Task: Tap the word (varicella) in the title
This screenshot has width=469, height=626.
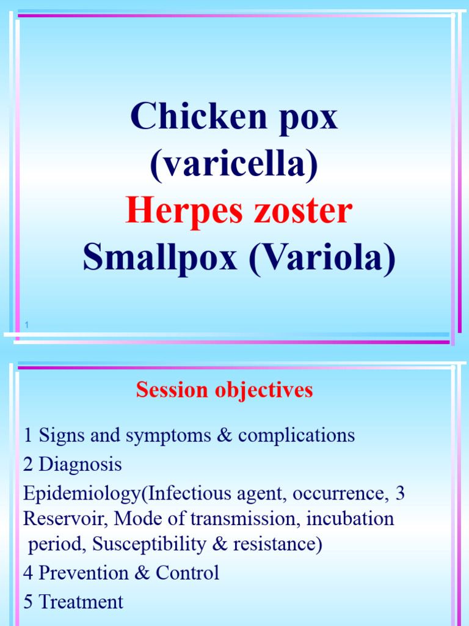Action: (234, 164)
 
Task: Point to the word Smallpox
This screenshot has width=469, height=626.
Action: (159, 258)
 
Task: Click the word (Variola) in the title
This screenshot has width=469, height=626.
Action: (321, 258)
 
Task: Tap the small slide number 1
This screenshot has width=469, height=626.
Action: (27, 325)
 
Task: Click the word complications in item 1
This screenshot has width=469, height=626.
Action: (296, 436)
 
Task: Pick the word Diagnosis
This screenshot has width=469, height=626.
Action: (80, 465)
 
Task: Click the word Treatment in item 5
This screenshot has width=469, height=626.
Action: (81, 602)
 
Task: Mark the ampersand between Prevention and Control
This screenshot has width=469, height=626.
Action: (144, 573)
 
